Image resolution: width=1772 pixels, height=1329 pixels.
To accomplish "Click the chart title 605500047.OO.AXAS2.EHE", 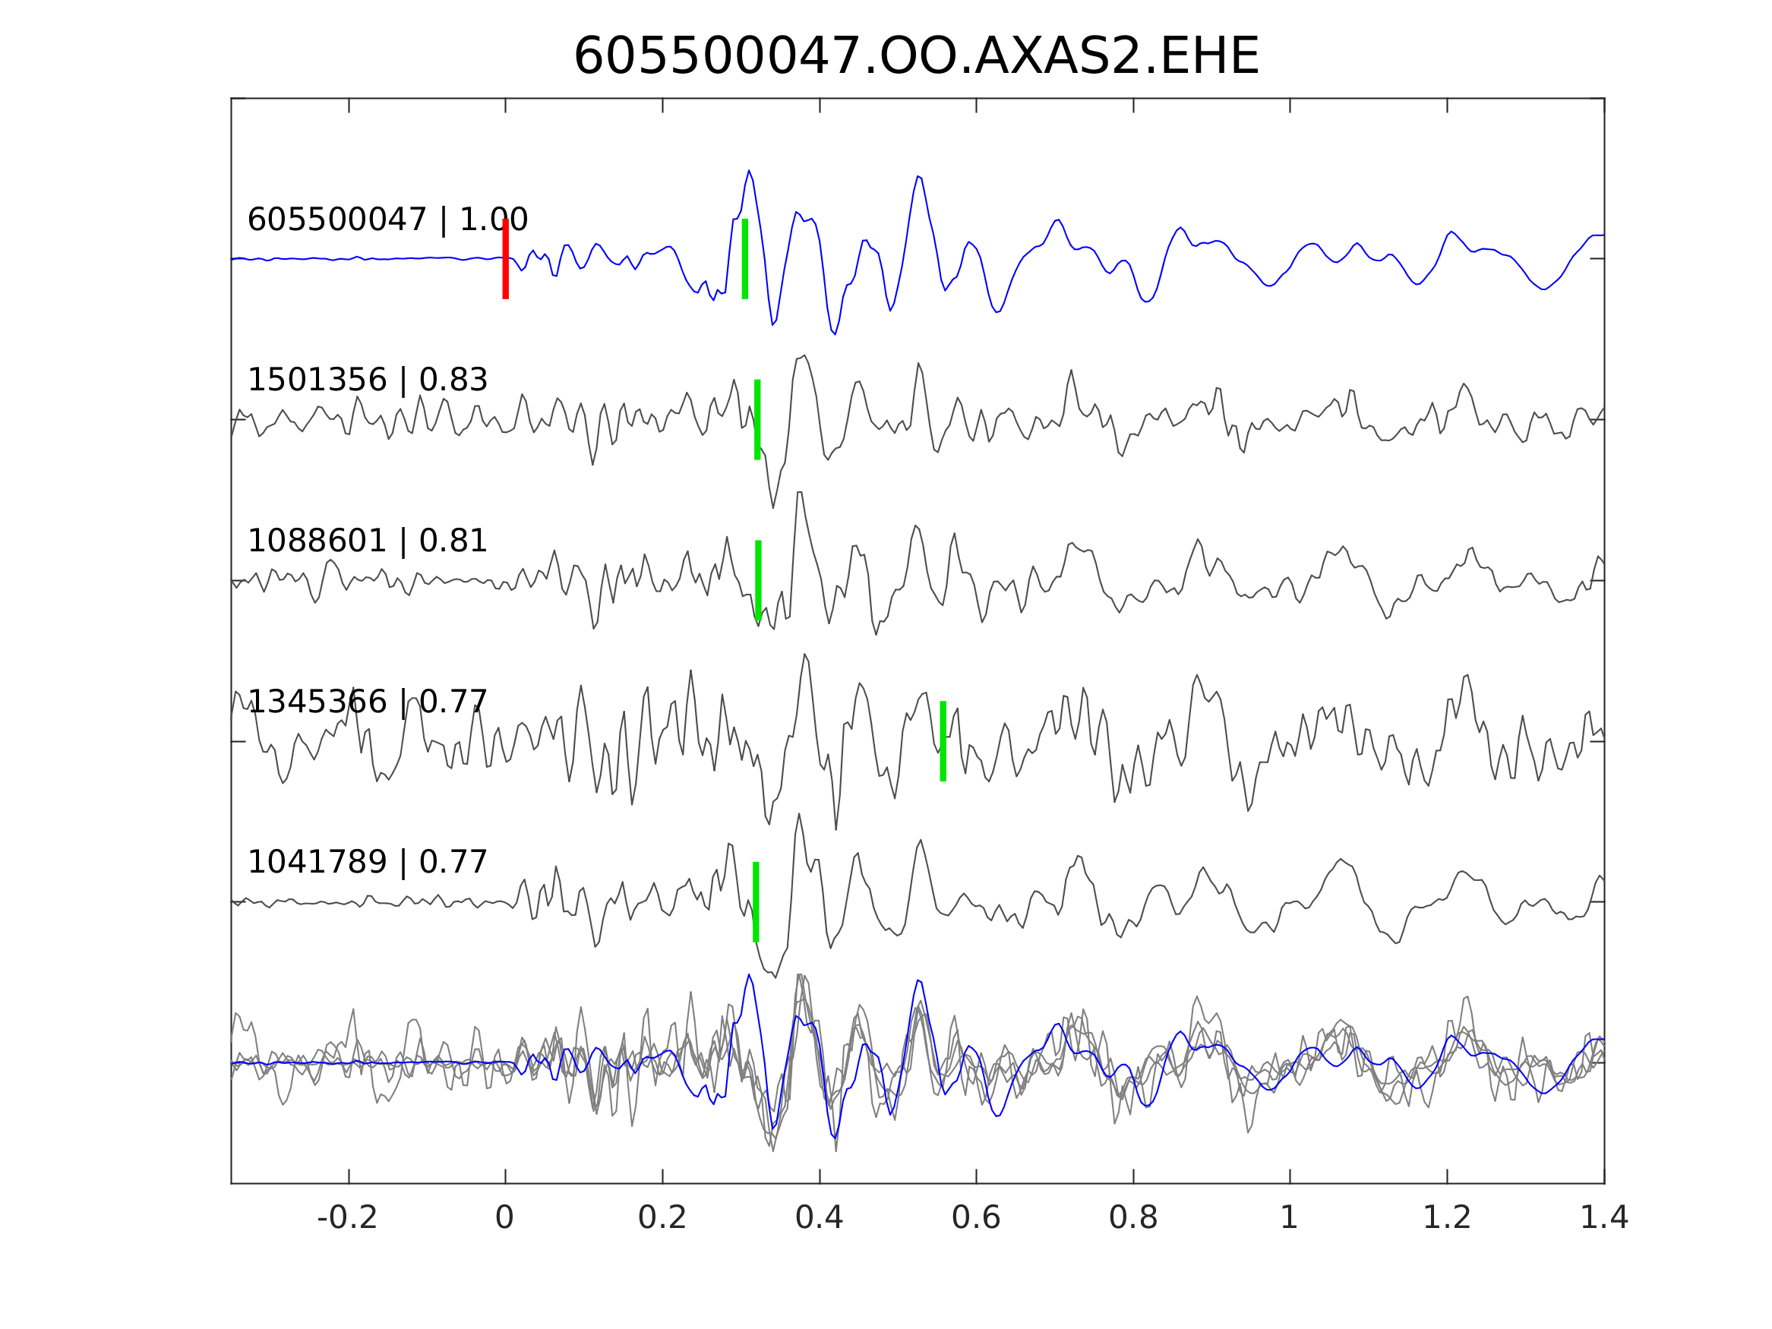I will pyautogui.click(x=916, y=58).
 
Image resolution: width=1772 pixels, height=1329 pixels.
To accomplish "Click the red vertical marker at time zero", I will pyautogui.click(x=506, y=259).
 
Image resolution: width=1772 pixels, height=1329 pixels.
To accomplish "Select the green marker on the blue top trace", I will pyautogui.click(x=745, y=259).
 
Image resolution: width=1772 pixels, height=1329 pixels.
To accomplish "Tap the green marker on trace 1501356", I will pyautogui.click(x=757, y=420).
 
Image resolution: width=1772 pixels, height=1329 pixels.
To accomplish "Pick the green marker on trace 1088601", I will pyautogui.click(x=758, y=580).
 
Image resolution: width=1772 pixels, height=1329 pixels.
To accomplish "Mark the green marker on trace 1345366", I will pyautogui.click(x=943, y=741).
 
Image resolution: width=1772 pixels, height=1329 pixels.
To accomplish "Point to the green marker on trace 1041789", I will pyautogui.click(x=756, y=902).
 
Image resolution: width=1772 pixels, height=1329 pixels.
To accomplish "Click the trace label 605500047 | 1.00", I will pyautogui.click(x=387, y=219).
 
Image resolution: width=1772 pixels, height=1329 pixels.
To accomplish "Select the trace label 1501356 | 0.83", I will pyautogui.click(x=367, y=380).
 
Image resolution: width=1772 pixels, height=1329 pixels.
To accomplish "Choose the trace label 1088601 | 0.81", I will pyautogui.click(x=367, y=541).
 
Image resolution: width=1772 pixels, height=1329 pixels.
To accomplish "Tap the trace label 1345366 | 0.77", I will pyautogui.click(x=367, y=702).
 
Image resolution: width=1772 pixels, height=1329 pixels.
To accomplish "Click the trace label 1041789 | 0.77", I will pyautogui.click(x=367, y=863).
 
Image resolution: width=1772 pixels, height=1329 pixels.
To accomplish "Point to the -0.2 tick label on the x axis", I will pyautogui.click(x=347, y=1218).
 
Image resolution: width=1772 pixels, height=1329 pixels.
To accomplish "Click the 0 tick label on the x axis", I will pyautogui.click(x=504, y=1218).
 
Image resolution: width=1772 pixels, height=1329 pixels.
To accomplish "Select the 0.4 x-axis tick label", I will pyautogui.click(x=819, y=1218).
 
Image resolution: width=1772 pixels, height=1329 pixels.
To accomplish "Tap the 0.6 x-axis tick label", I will pyautogui.click(x=976, y=1218).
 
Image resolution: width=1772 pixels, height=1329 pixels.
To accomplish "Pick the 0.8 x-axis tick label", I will pyautogui.click(x=1132, y=1218).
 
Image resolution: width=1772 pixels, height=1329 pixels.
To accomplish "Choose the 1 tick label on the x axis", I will pyautogui.click(x=1289, y=1218).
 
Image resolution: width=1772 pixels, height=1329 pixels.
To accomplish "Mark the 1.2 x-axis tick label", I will pyautogui.click(x=1447, y=1218).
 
